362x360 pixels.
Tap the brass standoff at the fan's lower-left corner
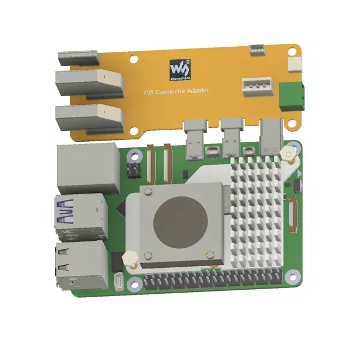tap(131, 260)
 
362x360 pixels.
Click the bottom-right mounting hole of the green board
tap(292, 276)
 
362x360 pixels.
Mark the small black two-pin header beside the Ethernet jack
tap(133, 170)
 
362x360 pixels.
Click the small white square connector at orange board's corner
tap(295, 65)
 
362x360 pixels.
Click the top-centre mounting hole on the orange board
tap(133, 58)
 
